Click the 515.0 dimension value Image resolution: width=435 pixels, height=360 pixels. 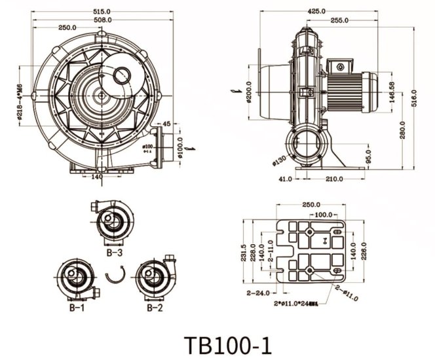pyautogui.click(x=102, y=11)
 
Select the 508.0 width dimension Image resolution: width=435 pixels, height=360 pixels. pyautogui.click(x=102, y=20)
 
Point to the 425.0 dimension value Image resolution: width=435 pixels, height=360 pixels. pyautogui.click(x=318, y=11)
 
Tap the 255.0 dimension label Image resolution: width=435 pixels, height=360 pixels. pyautogui.click(x=339, y=20)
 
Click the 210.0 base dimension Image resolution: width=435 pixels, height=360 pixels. pyautogui.click(x=336, y=178)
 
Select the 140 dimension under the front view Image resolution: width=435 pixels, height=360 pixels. pyautogui.click(x=96, y=177)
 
